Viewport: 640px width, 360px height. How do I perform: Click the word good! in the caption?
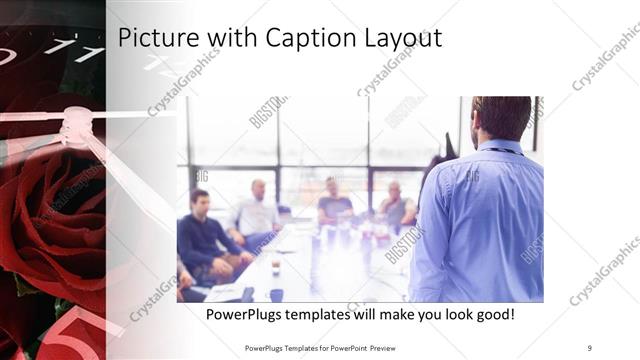(x=491, y=314)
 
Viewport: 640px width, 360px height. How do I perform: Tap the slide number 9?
(x=589, y=347)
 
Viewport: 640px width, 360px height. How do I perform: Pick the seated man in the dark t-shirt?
(x=334, y=204)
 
